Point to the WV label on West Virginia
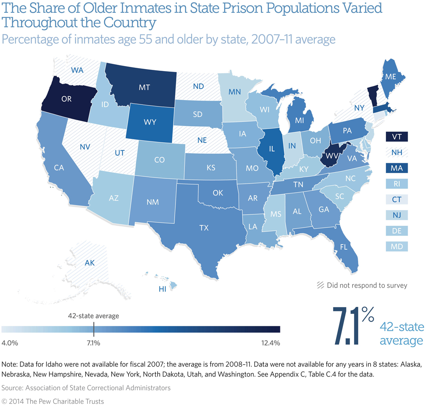point(330,156)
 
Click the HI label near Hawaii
point(162,289)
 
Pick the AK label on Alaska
point(89,263)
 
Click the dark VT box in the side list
point(397,137)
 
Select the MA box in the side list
point(397,168)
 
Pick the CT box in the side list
point(397,199)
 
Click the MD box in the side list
point(397,246)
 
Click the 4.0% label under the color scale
point(10,343)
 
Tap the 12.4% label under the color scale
point(269,343)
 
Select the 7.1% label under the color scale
point(93,343)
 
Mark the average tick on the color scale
point(93,328)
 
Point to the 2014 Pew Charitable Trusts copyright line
point(53,401)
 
